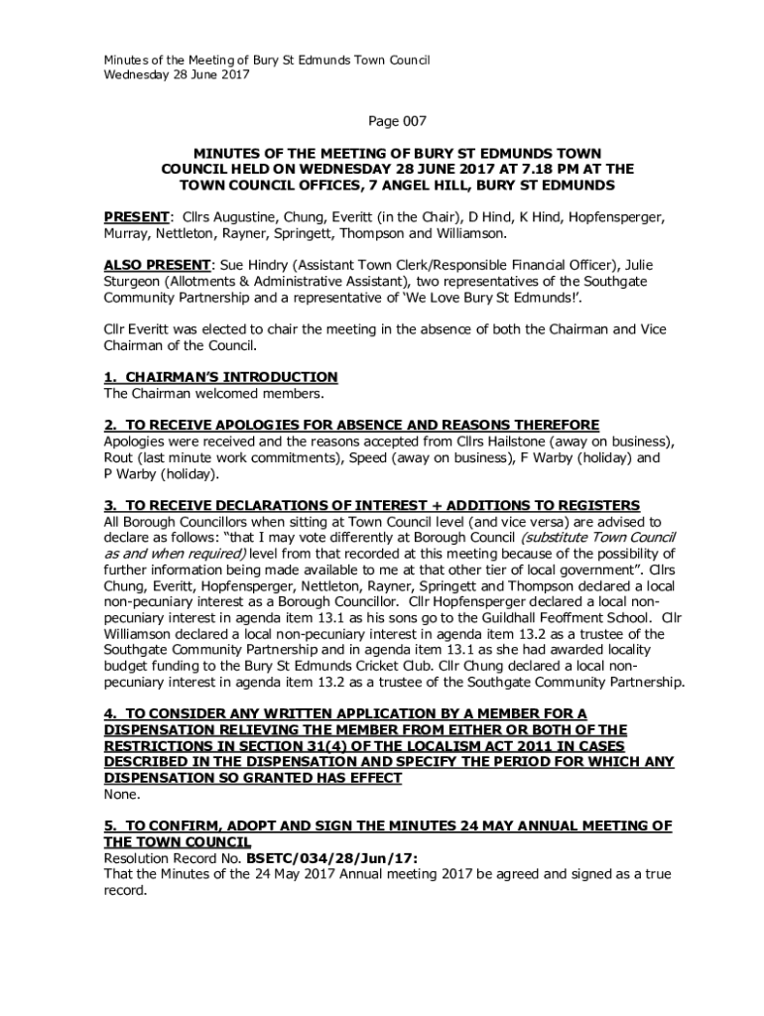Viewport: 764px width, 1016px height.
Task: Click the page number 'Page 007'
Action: [x=397, y=122]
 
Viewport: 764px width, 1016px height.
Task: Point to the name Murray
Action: [x=130, y=234]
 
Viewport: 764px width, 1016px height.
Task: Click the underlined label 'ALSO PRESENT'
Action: [x=157, y=266]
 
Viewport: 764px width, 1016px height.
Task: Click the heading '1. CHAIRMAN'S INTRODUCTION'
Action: [x=221, y=377]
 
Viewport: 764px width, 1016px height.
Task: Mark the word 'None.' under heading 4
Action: [x=122, y=794]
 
